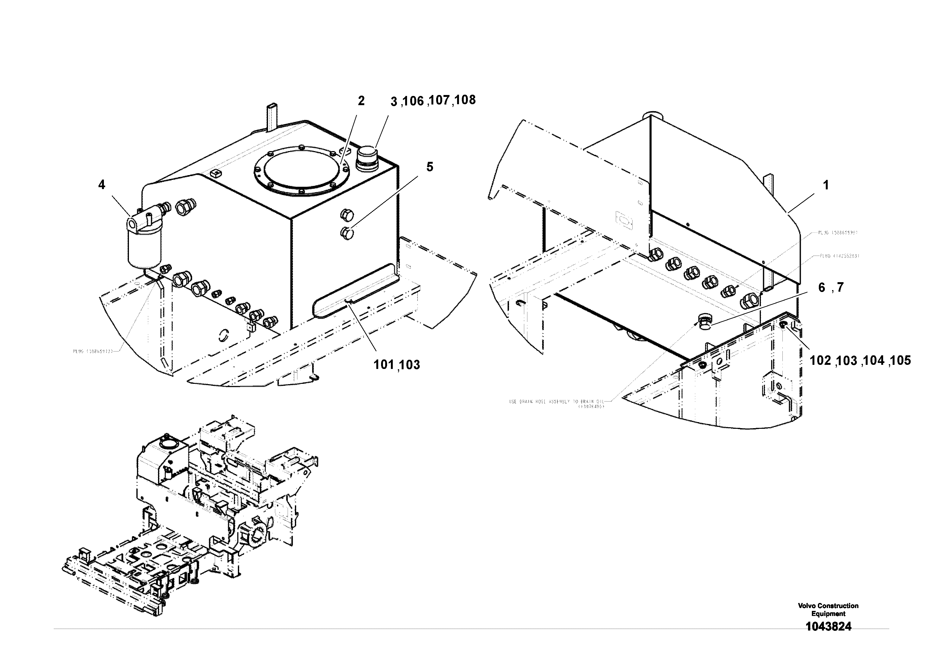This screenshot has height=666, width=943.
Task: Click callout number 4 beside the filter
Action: click(x=101, y=185)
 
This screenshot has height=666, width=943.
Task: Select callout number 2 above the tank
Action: click(x=361, y=101)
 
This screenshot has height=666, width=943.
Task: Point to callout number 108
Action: click(x=465, y=100)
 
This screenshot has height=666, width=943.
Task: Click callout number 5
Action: click(x=430, y=167)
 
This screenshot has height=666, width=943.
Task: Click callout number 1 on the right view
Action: click(x=826, y=186)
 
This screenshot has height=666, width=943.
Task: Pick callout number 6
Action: click(x=821, y=288)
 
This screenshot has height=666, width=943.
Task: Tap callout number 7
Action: click(x=840, y=288)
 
